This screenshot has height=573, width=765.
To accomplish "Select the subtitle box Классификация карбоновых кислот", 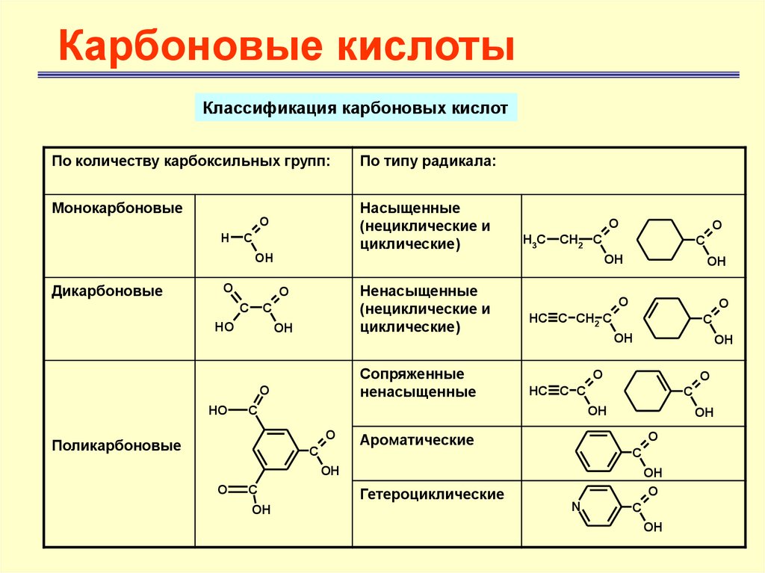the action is point(356,108).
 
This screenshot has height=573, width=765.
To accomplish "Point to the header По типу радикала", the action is point(427,161).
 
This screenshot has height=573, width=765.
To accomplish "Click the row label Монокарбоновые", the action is point(117,208).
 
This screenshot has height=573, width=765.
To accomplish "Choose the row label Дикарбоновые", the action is point(107,290).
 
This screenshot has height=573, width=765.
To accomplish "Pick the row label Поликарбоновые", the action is point(117,446).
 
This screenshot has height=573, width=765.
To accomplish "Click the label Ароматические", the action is point(417,440).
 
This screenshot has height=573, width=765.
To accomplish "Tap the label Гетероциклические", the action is point(432,494).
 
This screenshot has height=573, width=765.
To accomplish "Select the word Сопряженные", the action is point(412,374).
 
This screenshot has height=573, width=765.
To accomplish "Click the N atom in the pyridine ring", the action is point(575,507).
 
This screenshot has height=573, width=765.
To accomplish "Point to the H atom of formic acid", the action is point(224,238).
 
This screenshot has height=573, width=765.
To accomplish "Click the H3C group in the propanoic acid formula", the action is point(533,240).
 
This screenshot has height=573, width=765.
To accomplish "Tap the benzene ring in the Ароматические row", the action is point(598,451).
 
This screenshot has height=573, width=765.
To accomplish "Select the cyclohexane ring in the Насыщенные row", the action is point(661,239).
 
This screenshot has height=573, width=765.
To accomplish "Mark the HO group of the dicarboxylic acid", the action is point(223,327).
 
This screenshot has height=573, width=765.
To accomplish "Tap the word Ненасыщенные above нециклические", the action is point(418,291).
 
